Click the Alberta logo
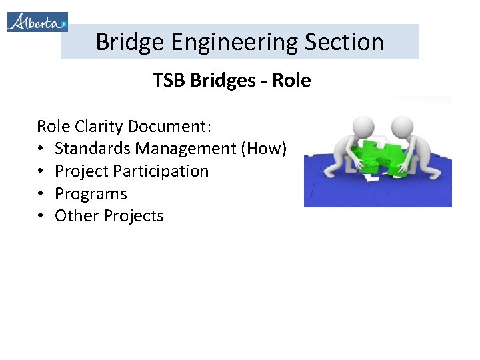click(x=37, y=21)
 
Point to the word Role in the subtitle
click(x=291, y=81)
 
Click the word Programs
click(x=91, y=194)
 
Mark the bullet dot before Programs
click(x=41, y=194)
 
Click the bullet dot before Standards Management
click(x=41, y=149)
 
